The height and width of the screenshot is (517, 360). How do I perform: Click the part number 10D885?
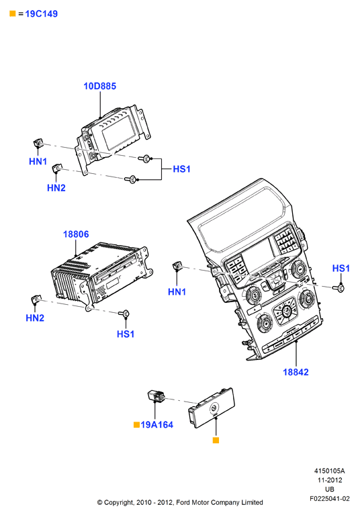tap(99, 86)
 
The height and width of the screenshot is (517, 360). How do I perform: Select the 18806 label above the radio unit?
tap(76, 234)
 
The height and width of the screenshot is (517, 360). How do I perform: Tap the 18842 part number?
tap(296, 372)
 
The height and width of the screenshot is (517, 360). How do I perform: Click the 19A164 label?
tap(156, 424)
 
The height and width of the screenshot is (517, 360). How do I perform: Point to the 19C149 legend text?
tap(41, 14)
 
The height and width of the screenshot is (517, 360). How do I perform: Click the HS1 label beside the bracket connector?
tap(181, 169)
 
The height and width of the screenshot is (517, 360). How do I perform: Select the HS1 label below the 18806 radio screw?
tap(126, 334)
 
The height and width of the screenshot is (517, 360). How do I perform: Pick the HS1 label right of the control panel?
tap(341, 269)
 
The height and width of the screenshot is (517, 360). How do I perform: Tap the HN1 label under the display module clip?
tap(38, 161)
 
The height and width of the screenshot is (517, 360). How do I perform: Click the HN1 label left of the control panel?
tap(177, 292)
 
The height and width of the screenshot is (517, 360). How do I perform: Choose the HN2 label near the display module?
tap(56, 188)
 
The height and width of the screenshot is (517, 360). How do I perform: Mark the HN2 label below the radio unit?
tap(35, 318)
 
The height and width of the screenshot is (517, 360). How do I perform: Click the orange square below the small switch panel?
tap(216, 440)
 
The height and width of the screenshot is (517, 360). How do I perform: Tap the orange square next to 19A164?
tap(136, 424)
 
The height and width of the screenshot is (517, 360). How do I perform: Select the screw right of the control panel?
tap(341, 288)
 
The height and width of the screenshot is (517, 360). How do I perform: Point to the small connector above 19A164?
tap(156, 395)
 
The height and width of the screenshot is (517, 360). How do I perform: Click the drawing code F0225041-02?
tap(329, 498)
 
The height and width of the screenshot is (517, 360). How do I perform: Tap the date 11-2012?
tap(330, 480)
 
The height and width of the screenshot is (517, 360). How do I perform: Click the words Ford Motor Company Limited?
tap(220, 502)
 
